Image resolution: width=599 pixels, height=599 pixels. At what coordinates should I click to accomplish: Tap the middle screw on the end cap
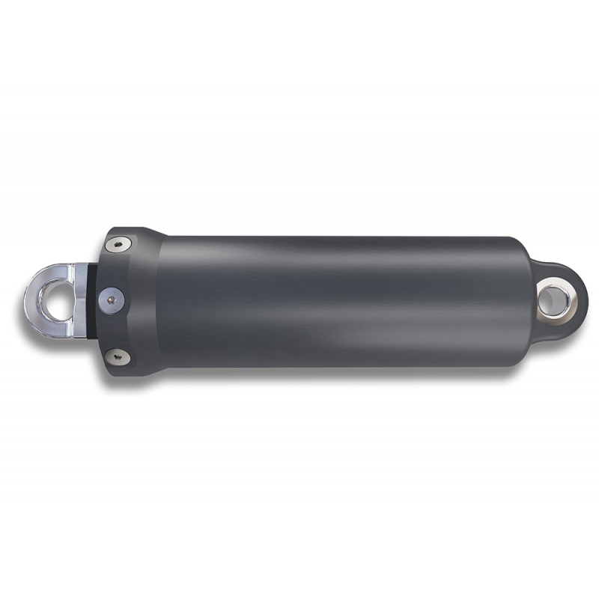coord(112,299)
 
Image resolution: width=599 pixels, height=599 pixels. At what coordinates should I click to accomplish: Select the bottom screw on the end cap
coord(118,356)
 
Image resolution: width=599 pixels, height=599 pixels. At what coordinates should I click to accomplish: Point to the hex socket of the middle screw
coord(112,299)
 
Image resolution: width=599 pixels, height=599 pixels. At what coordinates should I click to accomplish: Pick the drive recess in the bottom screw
coord(118,356)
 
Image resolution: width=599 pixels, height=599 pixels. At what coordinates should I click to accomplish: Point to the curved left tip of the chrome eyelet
coord(28,299)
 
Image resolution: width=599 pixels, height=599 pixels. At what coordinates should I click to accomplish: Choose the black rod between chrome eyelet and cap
coord(92,299)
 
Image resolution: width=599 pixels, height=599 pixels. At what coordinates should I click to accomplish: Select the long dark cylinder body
coord(337,299)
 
